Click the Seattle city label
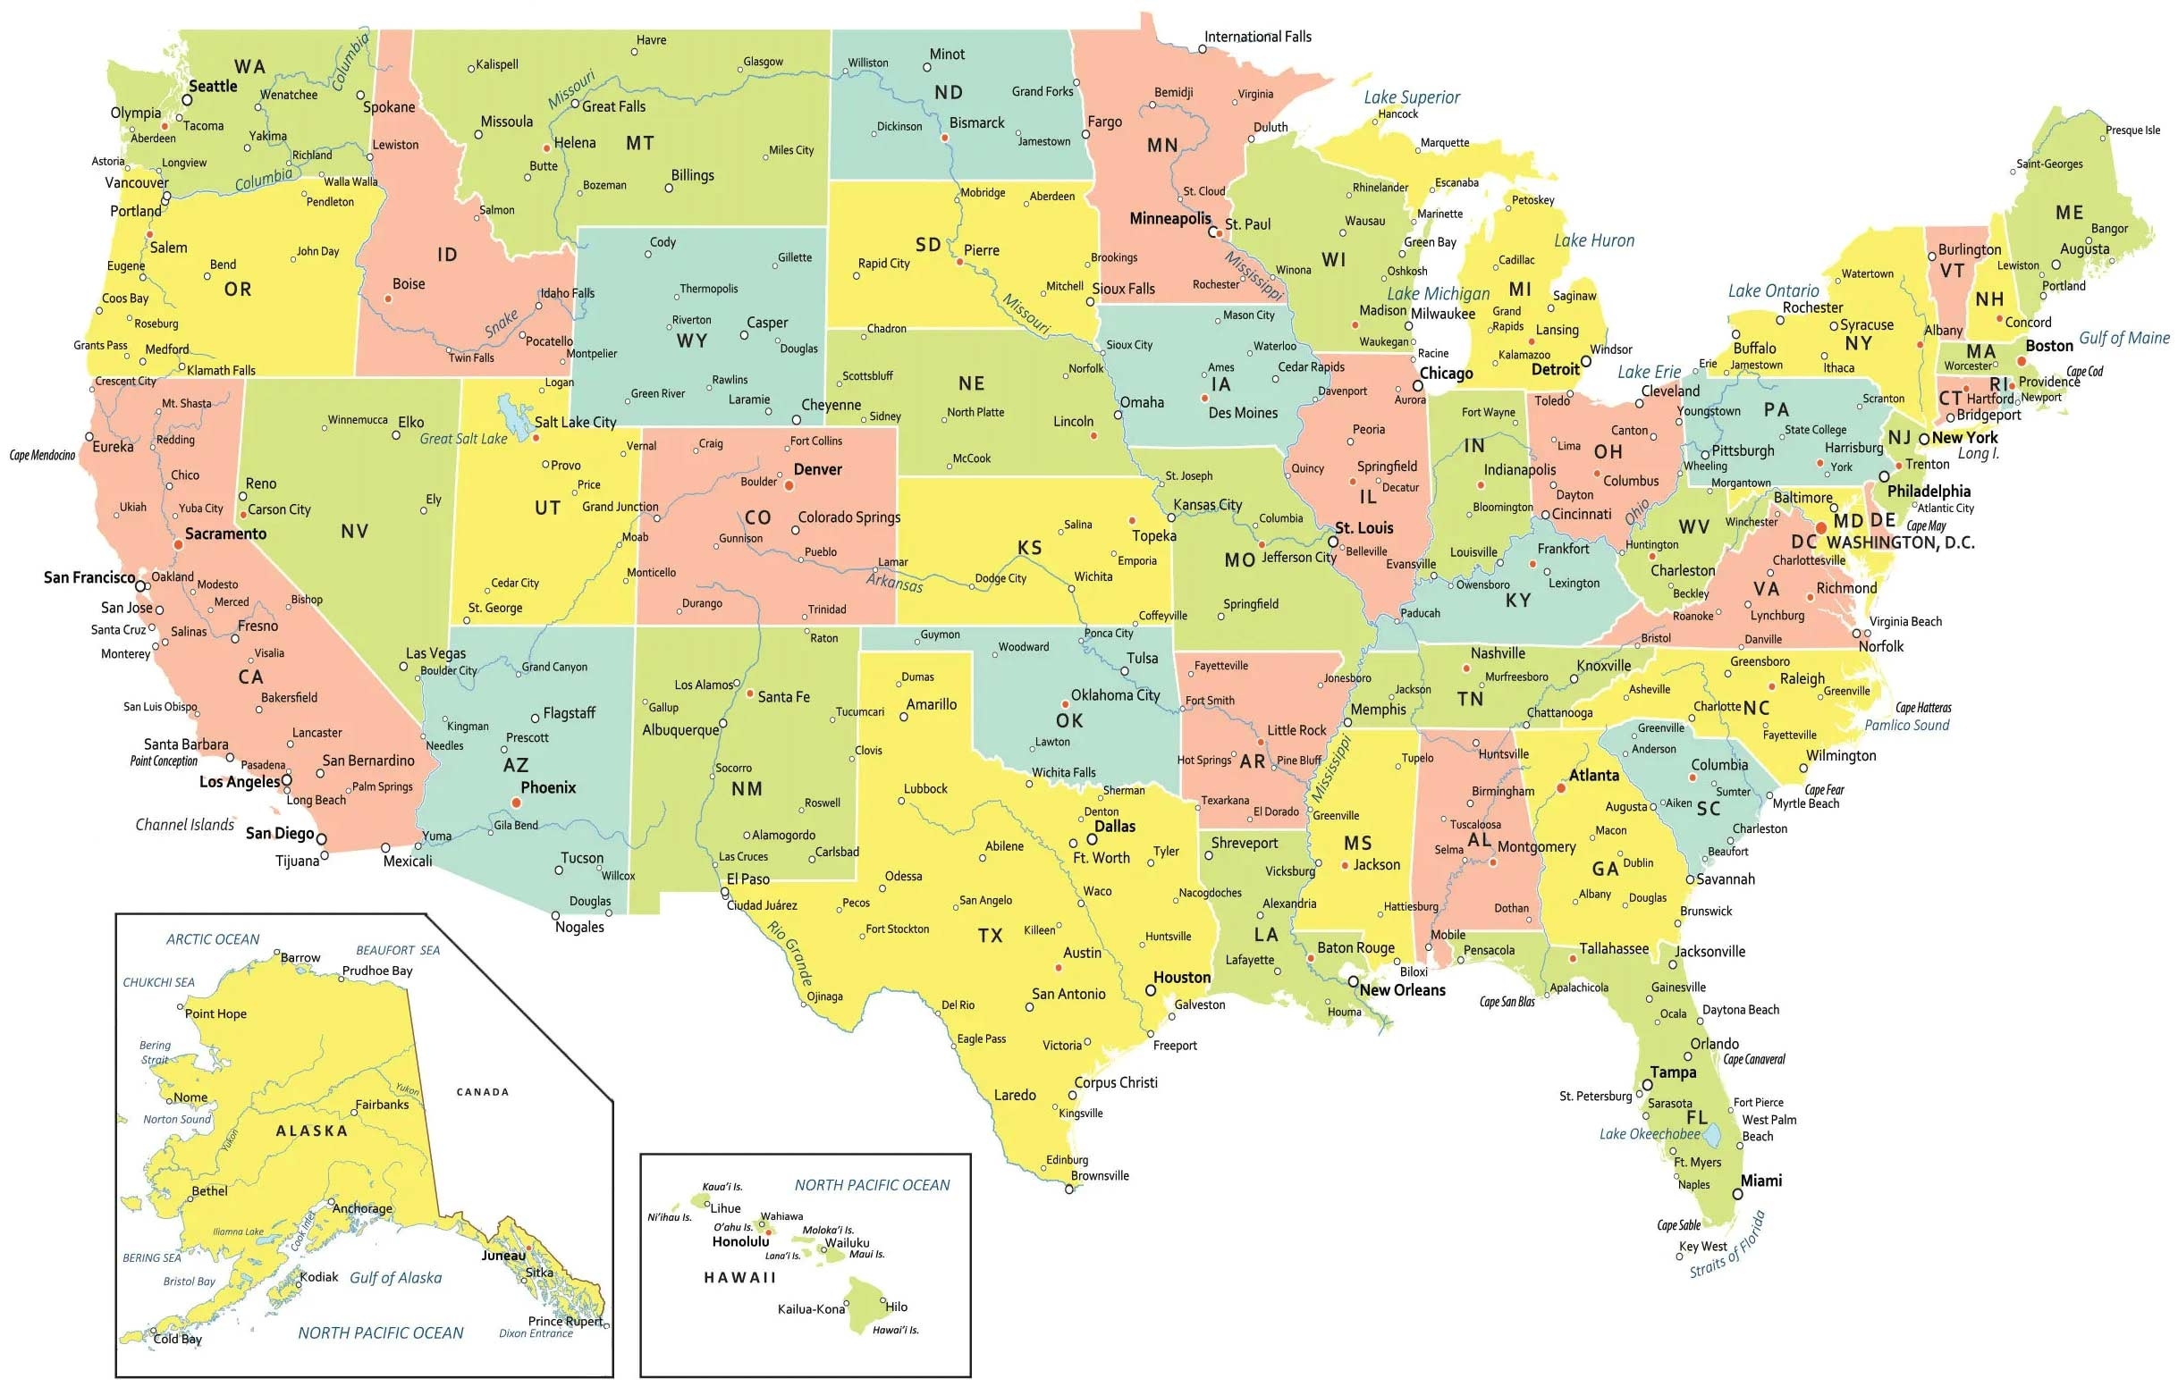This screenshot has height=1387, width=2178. pyautogui.click(x=213, y=87)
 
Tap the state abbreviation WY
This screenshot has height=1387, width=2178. pyautogui.click(x=692, y=340)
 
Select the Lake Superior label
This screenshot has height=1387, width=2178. pyautogui.click(x=1411, y=97)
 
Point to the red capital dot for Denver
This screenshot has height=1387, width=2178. pyautogui.click(x=789, y=485)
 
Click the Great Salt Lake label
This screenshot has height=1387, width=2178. pyautogui.click(x=463, y=439)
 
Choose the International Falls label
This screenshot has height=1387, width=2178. pyautogui.click(x=1257, y=37)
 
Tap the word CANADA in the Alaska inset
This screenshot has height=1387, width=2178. pyautogui.click(x=482, y=1092)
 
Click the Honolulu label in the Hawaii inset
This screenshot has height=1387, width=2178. pyautogui.click(x=740, y=1241)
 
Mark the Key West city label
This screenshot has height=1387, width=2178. pyautogui.click(x=1703, y=1246)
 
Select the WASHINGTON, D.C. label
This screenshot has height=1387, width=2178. pyautogui.click(x=1900, y=542)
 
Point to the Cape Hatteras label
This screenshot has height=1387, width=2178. pyautogui.click(x=1923, y=707)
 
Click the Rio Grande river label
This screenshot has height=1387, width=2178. pyautogui.click(x=789, y=952)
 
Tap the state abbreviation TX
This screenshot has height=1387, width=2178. pyautogui.click(x=991, y=936)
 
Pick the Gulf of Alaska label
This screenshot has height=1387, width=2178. pyautogui.click(x=395, y=1278)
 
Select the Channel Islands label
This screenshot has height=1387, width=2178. pyautogui.click(x=184, y=825)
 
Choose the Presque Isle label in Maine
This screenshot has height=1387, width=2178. pyautogui.click(x=2132, y=130)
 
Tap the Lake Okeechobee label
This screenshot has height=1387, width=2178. pyautogui.click(x=1649, y=1134)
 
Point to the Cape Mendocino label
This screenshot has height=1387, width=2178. pyautogui.click(x=43, y=455)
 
